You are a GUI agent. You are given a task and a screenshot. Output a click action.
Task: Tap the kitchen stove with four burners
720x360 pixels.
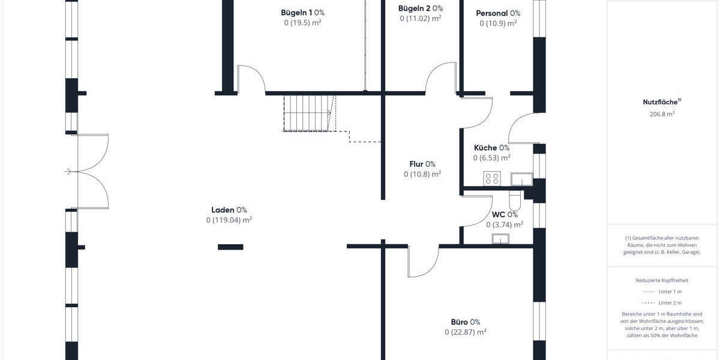492,178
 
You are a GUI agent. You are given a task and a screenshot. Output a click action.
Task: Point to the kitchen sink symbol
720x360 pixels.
521,178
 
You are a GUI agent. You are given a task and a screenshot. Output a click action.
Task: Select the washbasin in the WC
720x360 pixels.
500,239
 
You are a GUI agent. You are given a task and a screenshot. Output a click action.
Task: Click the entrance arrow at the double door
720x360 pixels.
68,172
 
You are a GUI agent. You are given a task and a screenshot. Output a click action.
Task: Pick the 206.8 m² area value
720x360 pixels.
661,113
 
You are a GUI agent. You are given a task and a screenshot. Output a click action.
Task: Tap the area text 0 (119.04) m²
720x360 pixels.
229,220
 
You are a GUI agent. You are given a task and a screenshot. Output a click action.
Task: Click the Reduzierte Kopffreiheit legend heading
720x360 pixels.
661,280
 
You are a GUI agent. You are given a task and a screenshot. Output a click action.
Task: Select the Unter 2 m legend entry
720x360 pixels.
670,303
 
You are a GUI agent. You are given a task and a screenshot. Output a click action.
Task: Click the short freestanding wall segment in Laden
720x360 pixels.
230,247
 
